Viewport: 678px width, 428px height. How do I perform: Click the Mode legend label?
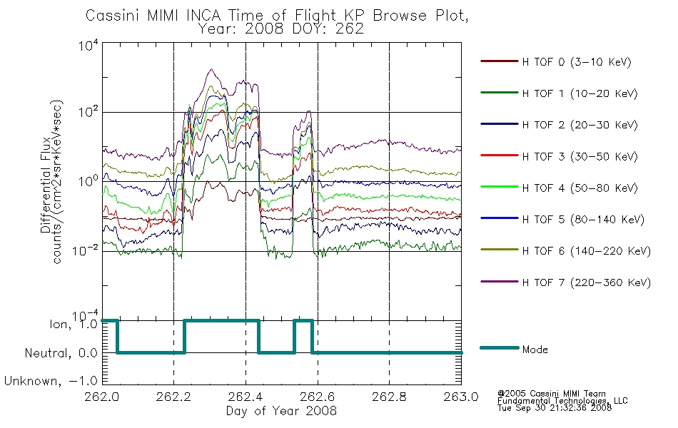535,350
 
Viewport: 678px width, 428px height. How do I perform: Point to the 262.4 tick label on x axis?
246,397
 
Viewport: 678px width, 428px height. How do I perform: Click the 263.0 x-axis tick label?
461,397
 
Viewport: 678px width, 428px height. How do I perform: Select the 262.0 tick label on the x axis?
102,397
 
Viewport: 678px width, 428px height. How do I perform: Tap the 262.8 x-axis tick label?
389,397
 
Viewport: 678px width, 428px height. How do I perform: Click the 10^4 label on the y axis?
88,45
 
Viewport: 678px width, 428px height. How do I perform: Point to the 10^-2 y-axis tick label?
85,250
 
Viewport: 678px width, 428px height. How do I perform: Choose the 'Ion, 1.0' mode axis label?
74,324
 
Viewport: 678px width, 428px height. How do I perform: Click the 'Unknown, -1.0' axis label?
51,381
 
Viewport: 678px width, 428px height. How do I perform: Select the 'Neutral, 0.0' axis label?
61,353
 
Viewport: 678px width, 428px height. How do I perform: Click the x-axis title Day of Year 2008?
281,411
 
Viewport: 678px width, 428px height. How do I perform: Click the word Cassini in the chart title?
113,16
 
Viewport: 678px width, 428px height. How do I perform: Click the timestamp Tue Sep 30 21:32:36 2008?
555,408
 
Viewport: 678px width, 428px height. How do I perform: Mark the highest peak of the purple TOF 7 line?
211,69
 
